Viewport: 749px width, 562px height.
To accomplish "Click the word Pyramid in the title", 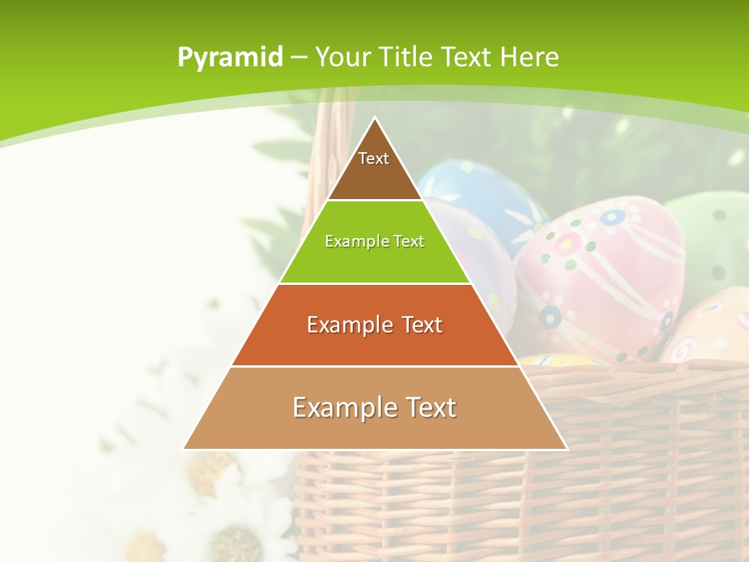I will coord(230,57).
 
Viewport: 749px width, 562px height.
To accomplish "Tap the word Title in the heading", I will coord(406,57).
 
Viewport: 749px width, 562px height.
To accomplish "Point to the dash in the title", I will coord(299,58).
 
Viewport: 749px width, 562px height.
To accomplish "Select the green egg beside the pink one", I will coord(714,242).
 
